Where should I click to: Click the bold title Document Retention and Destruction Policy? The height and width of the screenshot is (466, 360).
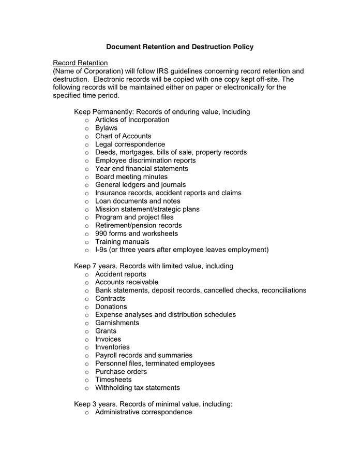179,47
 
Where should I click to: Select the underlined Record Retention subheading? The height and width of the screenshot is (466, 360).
80,63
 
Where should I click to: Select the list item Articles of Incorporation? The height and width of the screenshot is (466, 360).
132,120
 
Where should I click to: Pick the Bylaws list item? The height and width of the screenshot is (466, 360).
106,128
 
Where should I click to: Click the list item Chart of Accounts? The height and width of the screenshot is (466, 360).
123,136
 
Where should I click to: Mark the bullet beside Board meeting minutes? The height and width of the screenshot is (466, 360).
86,177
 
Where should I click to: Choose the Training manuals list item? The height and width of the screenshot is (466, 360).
122,242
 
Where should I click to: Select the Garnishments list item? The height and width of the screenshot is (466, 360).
117,323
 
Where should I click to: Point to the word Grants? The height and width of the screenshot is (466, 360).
106,331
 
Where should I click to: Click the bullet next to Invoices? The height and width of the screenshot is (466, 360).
86,340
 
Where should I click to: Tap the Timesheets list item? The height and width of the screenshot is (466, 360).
113,380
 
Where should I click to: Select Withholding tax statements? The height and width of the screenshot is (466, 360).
137,388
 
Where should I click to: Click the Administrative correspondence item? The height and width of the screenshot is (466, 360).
143,412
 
